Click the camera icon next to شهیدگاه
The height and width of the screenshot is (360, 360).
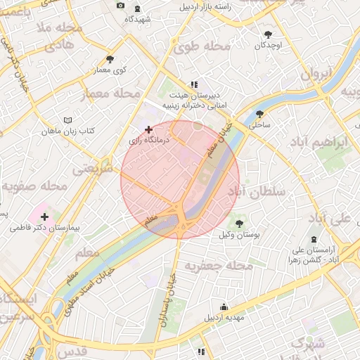(120, 6)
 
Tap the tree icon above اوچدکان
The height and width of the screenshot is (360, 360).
(268, 34)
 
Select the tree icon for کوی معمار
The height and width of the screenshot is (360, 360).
(109, 59)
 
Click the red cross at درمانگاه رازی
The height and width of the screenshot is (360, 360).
(148, 129)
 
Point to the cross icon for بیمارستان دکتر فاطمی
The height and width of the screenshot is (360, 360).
(44, 217)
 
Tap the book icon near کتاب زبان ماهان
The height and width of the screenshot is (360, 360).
(67, 120)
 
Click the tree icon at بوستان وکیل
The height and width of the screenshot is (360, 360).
(239, 224)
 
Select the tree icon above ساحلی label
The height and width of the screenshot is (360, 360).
(259, 114)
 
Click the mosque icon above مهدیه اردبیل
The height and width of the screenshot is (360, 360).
(224, 307)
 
